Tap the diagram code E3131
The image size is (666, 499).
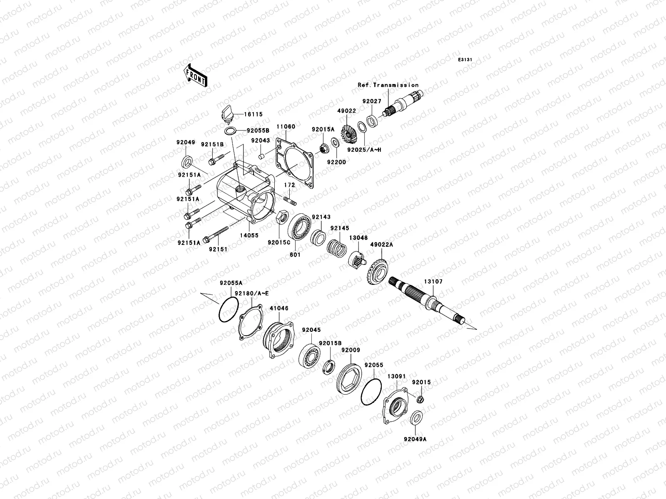coord(465,60)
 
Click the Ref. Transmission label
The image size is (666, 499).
coord(388,85)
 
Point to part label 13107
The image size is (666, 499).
coord(433,282)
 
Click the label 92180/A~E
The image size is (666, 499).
coord(251,293)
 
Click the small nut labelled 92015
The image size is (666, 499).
coord(420,400)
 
